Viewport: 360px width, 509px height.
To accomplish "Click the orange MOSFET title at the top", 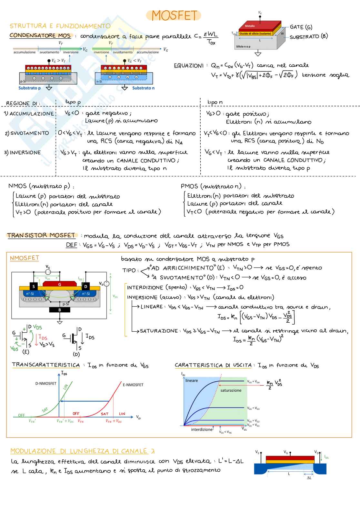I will [x=174, y=15].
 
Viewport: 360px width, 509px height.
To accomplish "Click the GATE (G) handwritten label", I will [x=301, y=27].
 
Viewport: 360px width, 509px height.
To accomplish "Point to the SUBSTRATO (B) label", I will [x=308, y=37].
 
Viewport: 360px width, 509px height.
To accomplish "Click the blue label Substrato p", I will [x=30, y=88].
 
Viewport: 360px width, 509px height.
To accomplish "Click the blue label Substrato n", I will [x=143, y=88].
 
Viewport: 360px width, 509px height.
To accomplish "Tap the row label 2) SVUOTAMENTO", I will [x=27, y=133].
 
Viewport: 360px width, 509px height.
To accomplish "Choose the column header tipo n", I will [x=215, y=102].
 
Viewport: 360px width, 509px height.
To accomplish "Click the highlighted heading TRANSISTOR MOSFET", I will [x=41, y=235].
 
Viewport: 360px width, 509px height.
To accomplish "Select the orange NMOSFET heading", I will [x=25, y=258].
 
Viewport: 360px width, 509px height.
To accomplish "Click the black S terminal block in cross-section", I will [x=34, y=286].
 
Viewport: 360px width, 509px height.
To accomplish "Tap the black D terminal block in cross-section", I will [x=86, y=286].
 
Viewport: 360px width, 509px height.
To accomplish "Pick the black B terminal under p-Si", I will [x=59, y=310].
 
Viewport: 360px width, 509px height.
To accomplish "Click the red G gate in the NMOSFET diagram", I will [x=60, y=284].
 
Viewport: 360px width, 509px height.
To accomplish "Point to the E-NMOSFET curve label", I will [x=133, y=385].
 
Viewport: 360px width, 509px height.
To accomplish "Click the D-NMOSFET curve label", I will [x=46, y=384].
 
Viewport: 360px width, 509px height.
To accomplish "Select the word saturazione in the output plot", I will [x=231, y=390].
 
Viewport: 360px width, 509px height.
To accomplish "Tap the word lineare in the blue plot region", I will [x=192, y=381].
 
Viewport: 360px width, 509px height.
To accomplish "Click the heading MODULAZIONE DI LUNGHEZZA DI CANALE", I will [x=79, y=451].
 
